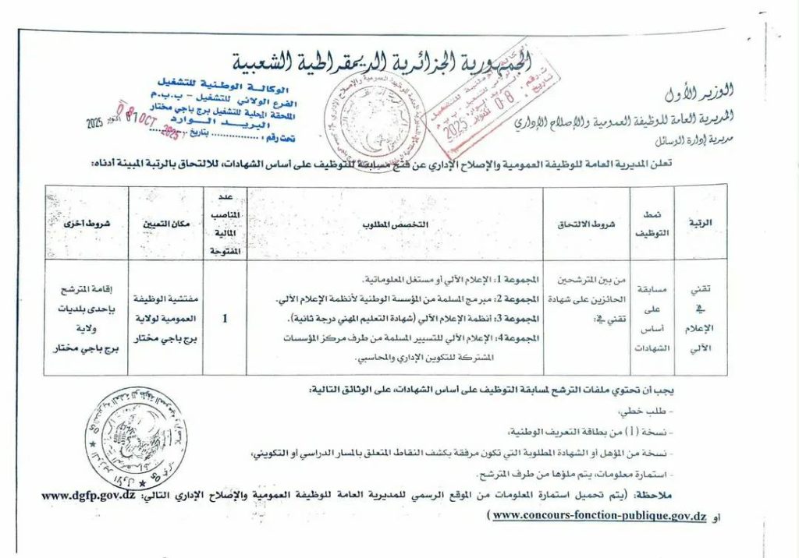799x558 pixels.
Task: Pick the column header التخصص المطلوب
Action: [x=396, y=224]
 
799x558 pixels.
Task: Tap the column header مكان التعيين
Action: [x=165, y=224]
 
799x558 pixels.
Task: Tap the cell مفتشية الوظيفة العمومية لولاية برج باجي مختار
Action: [x=165, y=318]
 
